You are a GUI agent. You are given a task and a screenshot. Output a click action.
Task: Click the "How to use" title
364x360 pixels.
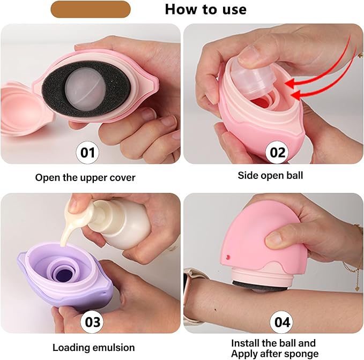pos(205,10)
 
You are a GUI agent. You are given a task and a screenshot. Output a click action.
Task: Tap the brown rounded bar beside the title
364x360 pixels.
pos(91,9)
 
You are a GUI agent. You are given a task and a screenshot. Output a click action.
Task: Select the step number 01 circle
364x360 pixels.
pos(87,152)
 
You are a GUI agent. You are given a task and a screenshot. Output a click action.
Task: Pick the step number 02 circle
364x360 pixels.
pos(277,152)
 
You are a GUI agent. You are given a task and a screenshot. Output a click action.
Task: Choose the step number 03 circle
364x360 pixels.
pos(92,322)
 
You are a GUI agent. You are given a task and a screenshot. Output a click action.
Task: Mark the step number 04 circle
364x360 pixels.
pos(282,322)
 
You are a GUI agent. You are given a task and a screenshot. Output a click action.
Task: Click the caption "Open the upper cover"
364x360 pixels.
pos(85,178)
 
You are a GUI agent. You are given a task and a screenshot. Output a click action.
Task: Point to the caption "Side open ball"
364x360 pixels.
pos(270,175)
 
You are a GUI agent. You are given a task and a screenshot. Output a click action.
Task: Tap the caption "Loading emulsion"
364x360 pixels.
pos(94,348)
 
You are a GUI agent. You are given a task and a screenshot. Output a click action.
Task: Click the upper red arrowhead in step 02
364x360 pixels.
pos(291,83)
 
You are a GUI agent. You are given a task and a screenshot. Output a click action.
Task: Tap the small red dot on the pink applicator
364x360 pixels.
pos(228,257)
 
